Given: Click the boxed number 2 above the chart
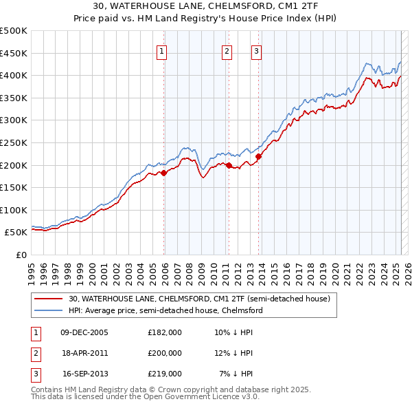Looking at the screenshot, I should coord(226,50).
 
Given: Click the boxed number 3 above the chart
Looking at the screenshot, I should coord(255,50).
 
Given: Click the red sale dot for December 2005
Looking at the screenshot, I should coord(164,173).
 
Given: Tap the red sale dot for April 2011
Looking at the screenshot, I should coord(229,165).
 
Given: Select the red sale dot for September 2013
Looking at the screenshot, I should coord(258,157).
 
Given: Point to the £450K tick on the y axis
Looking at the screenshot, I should coord(14,53).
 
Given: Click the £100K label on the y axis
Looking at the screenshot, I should coord(14,211).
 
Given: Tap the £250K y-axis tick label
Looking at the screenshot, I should coord(14,143).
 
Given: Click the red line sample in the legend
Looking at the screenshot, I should coord(49,299).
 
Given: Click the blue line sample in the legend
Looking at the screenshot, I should coord(49,310).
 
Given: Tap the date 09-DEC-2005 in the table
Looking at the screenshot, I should coord(84,332).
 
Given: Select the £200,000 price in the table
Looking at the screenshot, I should coord(165,353).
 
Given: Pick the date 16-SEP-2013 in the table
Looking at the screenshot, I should coord(85,374).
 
